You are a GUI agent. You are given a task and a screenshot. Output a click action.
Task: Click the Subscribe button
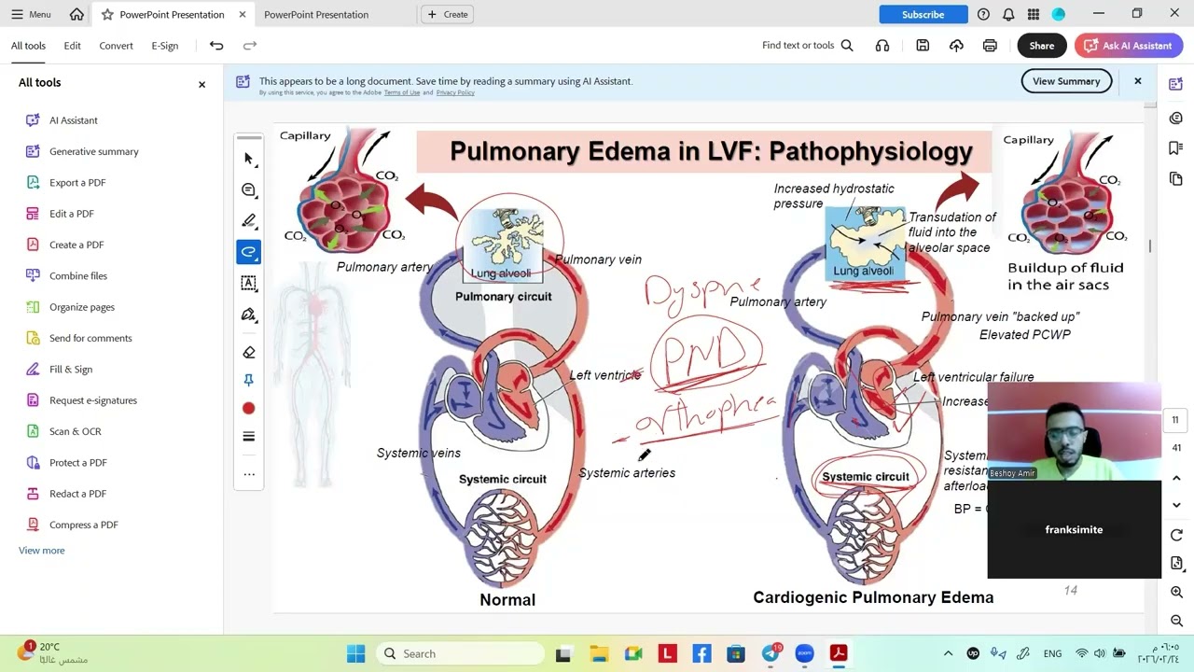click(x=923, y=14)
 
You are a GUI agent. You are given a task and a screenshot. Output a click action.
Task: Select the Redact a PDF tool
click(x=77, y=494)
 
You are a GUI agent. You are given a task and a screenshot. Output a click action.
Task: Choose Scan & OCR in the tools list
click(x=75, y=431)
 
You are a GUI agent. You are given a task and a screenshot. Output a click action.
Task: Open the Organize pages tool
click(x=82, y=307)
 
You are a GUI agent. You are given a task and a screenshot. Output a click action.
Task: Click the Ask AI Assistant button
click(x=1129, y=46)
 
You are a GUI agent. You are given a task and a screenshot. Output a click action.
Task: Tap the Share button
click(x=1041, y=46)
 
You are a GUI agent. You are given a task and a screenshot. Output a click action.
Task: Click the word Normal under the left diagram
click(x=507, y=600)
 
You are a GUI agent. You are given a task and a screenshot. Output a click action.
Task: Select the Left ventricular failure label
click(x=973, y=377)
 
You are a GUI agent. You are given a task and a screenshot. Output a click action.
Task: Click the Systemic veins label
click(x=419, y=453)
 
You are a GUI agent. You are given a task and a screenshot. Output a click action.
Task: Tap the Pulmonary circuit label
click(x=504, y=297)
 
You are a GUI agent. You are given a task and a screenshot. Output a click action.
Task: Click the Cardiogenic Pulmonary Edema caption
click(x=873, y=597)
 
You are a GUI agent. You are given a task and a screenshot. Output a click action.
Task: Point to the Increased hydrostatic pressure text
click(x=833, y=196)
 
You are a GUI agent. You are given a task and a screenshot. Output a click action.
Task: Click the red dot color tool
click(x=248, y=409)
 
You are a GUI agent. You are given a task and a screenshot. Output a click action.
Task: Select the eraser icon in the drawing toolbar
click(x=248, y=352)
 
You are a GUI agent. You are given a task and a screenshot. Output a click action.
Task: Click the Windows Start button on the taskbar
click(x=355, y=653)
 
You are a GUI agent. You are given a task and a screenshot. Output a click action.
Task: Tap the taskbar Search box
click(x=462, y=653)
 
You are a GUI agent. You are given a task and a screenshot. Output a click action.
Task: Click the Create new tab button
click(x=448, y=14)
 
